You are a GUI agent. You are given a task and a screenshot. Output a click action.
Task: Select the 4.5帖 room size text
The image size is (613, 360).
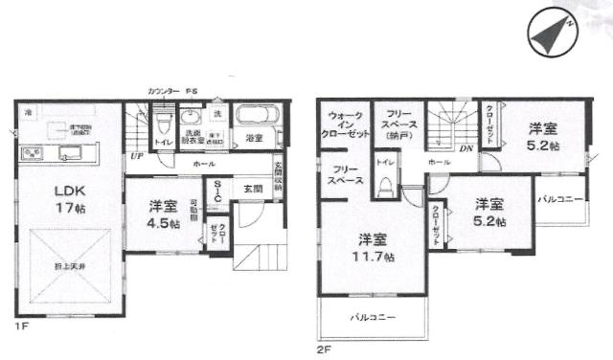click(163, 226)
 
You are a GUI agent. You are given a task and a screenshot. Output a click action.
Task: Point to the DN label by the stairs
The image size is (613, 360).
click(465, 148)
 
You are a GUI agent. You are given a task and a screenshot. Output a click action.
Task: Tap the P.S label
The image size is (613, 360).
click(192, 90)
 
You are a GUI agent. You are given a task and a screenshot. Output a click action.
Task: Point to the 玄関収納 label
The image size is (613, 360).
click(279, 176)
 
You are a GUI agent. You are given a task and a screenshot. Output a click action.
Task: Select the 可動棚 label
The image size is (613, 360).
click(193, 210)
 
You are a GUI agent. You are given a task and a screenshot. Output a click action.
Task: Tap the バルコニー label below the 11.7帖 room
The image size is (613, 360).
click(373, 315)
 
